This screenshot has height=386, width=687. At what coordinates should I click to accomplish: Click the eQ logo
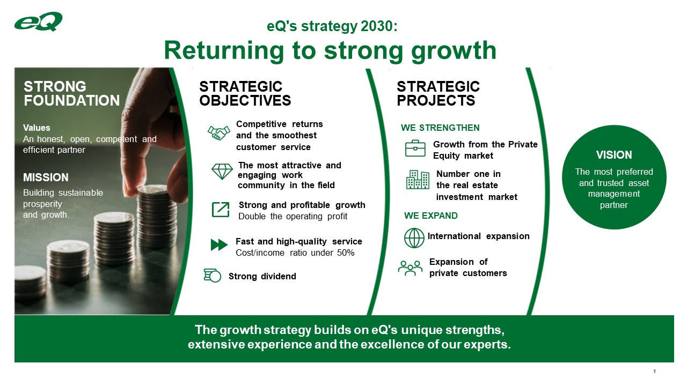click(x=39, y=21)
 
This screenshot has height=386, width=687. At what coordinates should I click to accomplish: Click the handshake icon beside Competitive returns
click(x=218, y=133)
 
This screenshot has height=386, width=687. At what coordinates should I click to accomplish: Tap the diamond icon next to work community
click(x=222, y=171)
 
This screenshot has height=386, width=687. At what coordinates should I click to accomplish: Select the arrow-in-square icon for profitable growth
click(x=221, y=210)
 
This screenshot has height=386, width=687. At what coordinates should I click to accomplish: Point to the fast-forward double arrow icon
click(x=219, y=245)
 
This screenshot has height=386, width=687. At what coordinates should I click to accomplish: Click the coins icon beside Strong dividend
click(x=213, y=276)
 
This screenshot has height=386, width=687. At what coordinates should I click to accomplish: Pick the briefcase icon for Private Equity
click(x=415, y=149)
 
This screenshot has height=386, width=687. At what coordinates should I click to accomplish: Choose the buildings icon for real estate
click(x=417, y=180)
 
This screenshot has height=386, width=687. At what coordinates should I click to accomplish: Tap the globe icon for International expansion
click(x=414, y=238)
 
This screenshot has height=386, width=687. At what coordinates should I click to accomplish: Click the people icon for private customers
click(x=410, y=268)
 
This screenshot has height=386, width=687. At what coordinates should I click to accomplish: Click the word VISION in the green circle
click(x=614, y=155)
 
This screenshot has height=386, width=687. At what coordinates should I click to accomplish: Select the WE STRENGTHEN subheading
click(x=440, y=128)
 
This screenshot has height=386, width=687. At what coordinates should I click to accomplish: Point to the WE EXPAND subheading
click(x=430, y=216)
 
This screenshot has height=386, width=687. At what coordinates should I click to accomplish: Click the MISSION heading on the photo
click(x=46, y=177)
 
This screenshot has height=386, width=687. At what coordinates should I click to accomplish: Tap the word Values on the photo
click(x=36, y=128)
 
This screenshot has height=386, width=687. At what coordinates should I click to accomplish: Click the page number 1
click(x=655, y=372)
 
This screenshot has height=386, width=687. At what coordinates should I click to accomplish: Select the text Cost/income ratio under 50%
click(x=295, y=253)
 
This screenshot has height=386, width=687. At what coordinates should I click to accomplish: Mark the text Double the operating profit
click(x=293, y=216)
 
